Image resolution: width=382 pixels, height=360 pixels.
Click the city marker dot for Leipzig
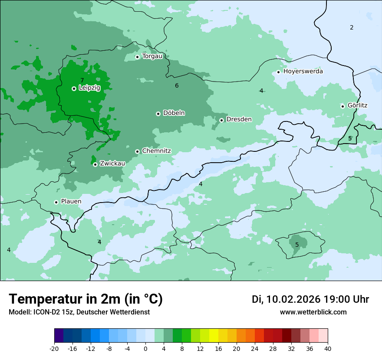pos(74,88)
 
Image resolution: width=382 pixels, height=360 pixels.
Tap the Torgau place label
pos(152,56)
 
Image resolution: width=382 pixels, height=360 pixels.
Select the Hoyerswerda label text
pos(303,71)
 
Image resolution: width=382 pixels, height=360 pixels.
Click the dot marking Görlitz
pos(342,106)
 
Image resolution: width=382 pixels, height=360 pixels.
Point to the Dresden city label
pos(239,119)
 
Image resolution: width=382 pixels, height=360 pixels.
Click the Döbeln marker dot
pos(158,114)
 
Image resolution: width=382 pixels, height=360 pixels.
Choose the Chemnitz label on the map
pos(156,151)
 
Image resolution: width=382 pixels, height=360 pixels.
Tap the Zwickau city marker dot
pos(95,164)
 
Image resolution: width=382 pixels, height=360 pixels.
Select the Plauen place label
pos(71,201)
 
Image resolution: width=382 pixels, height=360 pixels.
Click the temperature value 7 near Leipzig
pos(82,80)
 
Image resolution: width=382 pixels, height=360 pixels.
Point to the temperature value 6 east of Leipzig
pos(177,85)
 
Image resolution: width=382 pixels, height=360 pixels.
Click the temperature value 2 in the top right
pos(352,27)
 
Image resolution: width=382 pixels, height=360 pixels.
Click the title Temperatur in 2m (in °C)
pos(86,299)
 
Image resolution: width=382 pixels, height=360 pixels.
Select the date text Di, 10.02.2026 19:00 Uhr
pos(310,299)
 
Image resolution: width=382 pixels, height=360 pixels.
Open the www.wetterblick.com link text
pos(313,312)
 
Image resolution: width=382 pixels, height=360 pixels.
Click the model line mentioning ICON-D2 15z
pos(79,312)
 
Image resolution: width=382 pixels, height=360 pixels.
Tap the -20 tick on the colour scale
pos(54,348)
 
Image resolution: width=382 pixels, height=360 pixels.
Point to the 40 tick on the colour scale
pos(328,348)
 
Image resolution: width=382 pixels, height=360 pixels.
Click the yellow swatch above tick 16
pos(218,335)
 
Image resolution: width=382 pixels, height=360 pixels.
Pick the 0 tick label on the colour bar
pos(145,348)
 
